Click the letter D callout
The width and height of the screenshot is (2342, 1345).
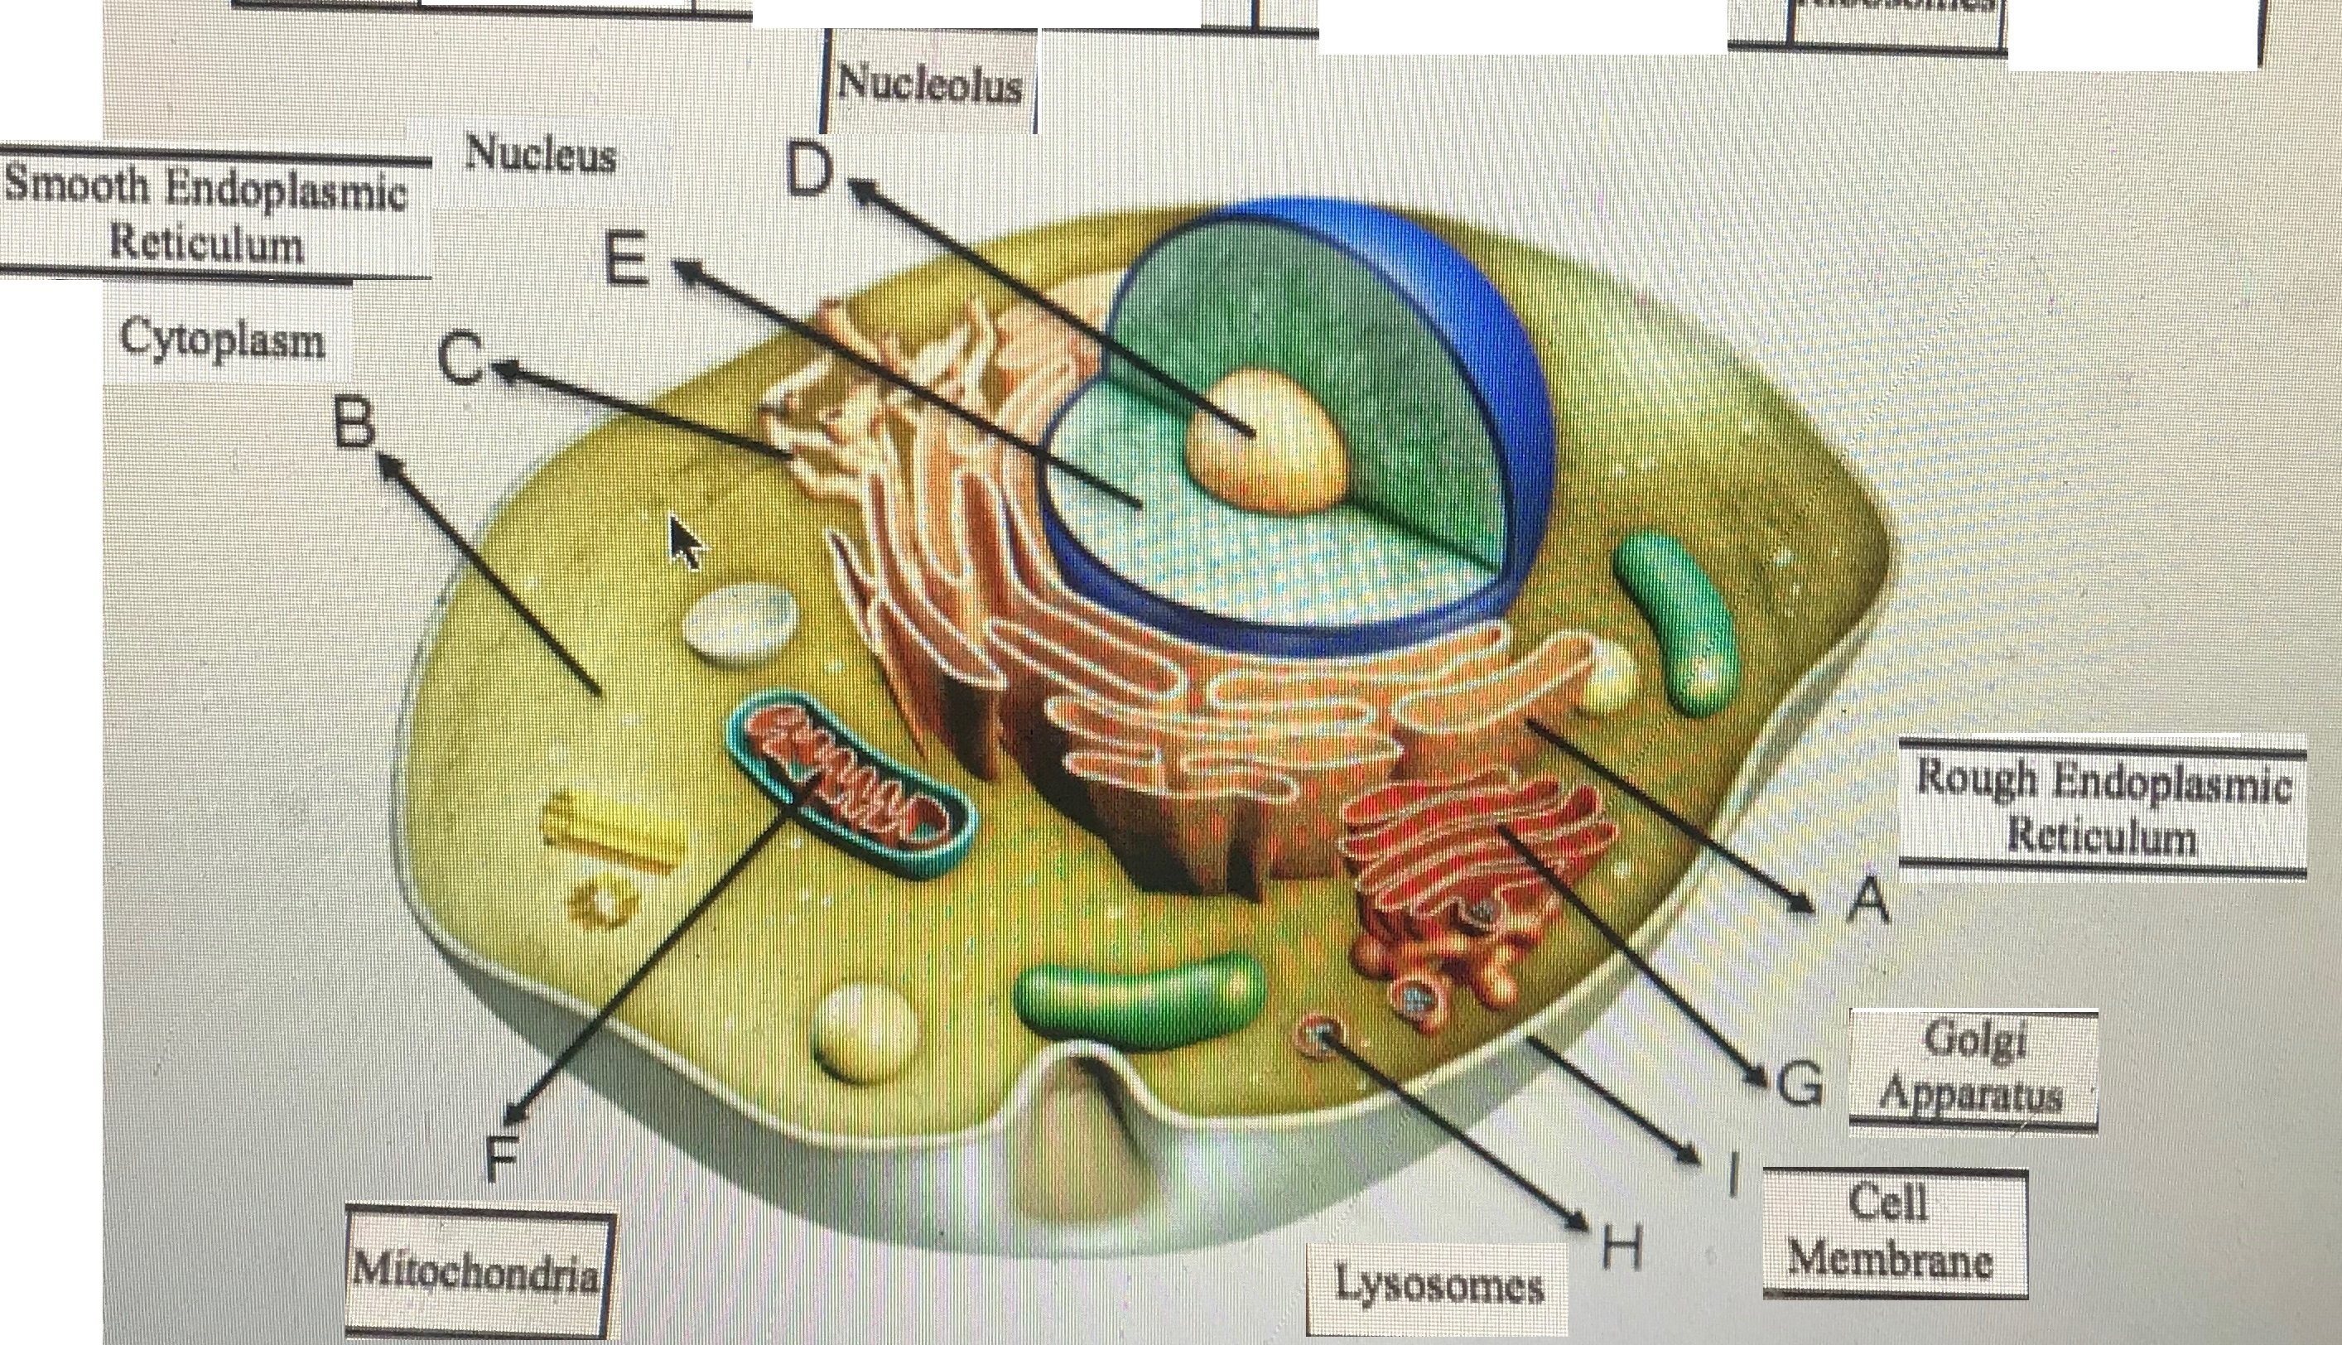809,171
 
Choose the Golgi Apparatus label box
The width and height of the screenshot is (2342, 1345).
1973,1068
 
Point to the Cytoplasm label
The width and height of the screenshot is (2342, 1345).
223,339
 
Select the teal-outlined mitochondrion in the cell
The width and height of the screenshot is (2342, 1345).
848,782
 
